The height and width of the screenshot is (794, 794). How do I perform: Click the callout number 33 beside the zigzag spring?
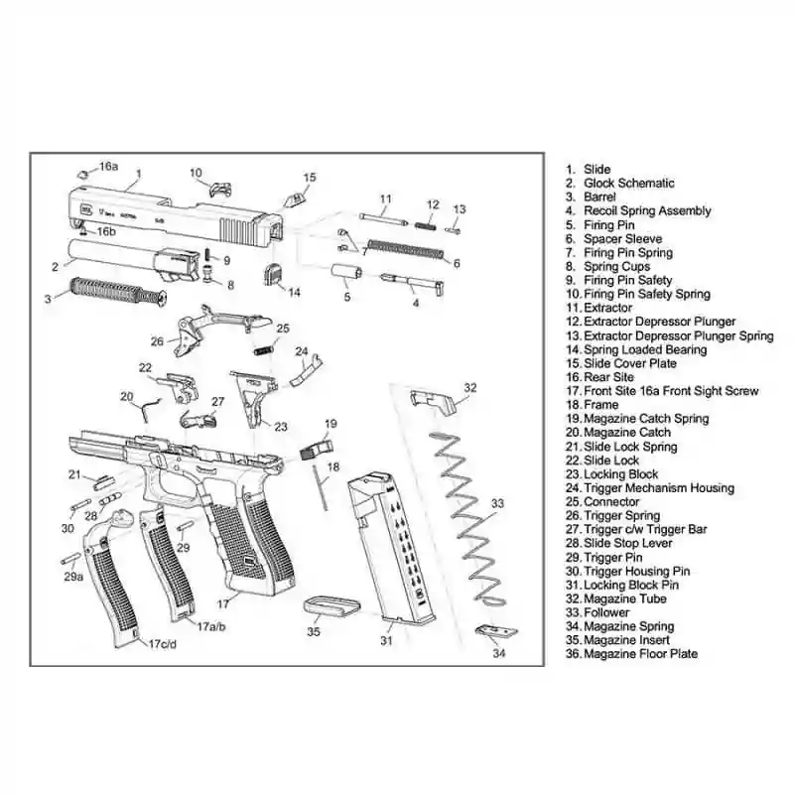point(497,503)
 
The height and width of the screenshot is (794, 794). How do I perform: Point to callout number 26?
point(157,341)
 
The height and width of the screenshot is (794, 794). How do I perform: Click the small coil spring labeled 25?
point(263,348)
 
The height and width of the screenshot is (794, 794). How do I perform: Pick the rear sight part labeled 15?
point(294,197)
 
